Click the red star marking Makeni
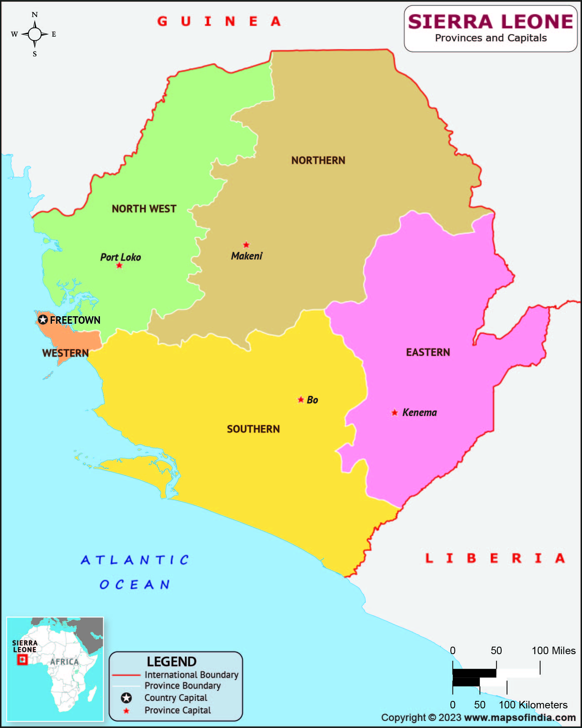tap(246, 245)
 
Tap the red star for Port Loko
tap(119, 265)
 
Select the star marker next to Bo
tap(301, 400)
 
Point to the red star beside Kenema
tap(395, 413)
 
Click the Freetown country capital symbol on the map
tap(43, 320)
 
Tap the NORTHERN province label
tap(318, 161)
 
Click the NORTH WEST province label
tap(144, 209)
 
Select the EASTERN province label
tap(428, 353)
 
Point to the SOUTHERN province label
tap(253, 429)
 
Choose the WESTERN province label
tap(65, 353)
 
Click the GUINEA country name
tap(219, 21)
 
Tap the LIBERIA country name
tap(495, 558)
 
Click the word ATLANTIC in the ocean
tap(135, 560)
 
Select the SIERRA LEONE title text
tap(491, 22)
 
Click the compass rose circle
tap(35, 34)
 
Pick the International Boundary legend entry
tap(191, 675)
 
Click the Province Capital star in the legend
tap(126, 711)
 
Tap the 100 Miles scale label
tap(553, 651)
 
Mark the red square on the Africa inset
tap(22, 660)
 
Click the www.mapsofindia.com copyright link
tap(520, 718)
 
